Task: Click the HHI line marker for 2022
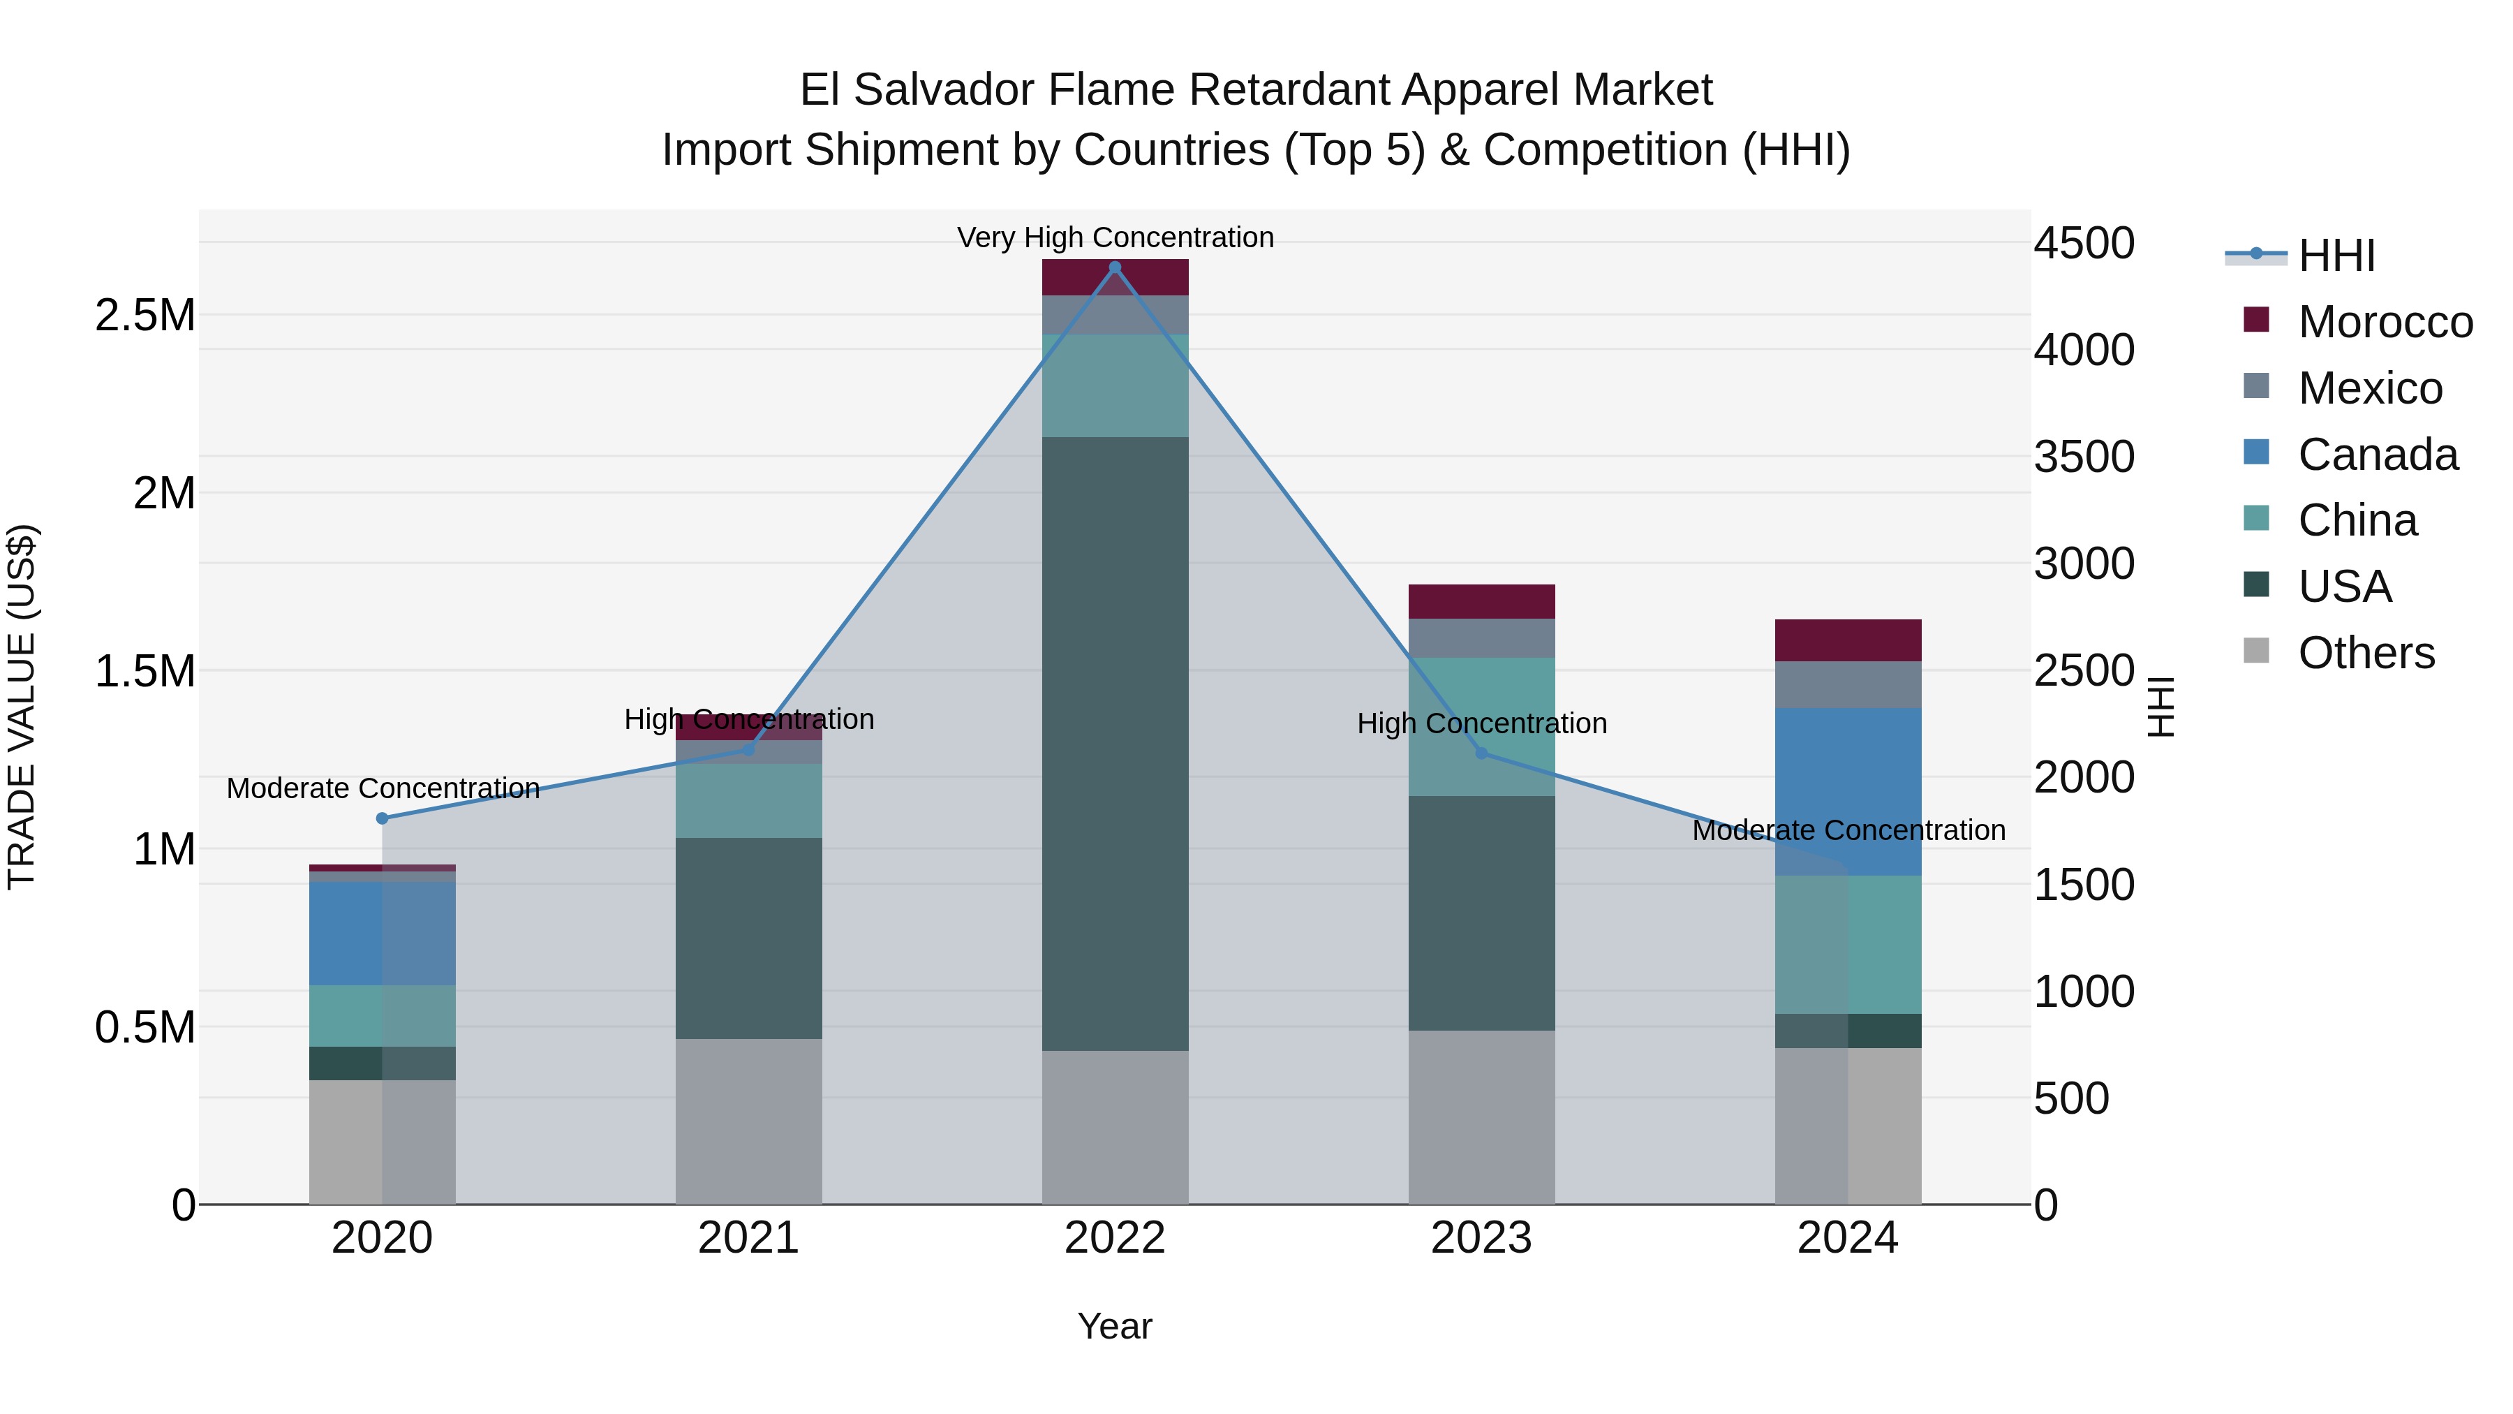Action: pos(1115,267)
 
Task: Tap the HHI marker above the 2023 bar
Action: pos(1481,753)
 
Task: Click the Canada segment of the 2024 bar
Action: pos(1848,790)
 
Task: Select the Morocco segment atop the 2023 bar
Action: pos(1481,601)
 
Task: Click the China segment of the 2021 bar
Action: pos(748,801)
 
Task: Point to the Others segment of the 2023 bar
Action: pos(1481,1117)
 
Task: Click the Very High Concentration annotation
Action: pos(1115,238)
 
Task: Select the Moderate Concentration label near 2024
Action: pos(1848,830)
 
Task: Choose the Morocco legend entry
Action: pos(2385,322)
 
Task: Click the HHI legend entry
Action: pos(2336,256)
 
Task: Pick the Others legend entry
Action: pos(2365,653)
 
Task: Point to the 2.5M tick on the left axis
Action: pos(144,315)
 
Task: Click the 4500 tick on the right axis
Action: pos(2084,243)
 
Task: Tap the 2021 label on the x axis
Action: pos(748,1238)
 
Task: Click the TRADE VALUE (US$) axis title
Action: pos(22,707)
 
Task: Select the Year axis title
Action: pos(1114,1326)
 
